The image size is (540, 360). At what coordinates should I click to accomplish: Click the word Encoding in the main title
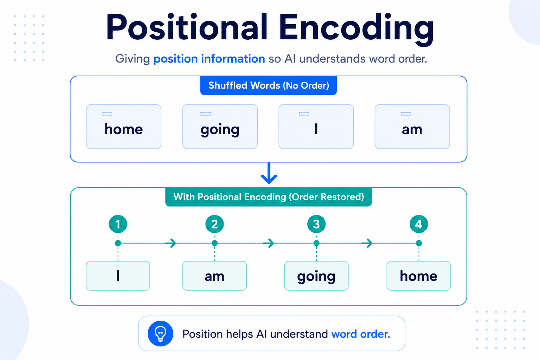(x=356, y=29)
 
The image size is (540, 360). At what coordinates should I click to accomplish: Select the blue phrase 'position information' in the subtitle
(x=209, y=59)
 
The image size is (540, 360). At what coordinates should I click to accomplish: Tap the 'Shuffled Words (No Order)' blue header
(x=269, y=85)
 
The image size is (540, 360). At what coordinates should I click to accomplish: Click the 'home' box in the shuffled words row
(x=124, y=127)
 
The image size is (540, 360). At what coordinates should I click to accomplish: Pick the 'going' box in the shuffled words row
(x=220, y=127)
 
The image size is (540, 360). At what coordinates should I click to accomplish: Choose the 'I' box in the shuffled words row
(x=316, y=127)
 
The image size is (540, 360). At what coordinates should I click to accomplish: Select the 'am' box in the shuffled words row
(x=412, y=127)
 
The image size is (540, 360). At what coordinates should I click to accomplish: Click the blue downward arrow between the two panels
(x=269, y=173)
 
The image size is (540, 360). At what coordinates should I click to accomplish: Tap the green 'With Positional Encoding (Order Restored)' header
(x=269, y=197)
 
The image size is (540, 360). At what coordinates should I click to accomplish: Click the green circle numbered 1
(x=118, y=224)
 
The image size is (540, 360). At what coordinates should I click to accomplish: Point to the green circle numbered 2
(x=214, y=224)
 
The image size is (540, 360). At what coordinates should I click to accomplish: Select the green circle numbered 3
(x=316, y=224)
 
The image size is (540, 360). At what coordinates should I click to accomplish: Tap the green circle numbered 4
(x=419, y=224)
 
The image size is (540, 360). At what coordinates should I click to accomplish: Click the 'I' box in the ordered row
(x=118, y=276)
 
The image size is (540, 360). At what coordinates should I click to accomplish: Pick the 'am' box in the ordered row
(x=214, y=276)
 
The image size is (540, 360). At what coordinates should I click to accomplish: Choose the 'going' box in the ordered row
(x=316, y=276)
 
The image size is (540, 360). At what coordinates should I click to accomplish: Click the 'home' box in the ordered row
(x=419, y=276)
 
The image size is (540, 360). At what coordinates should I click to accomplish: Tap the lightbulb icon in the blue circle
(x=160, y=334)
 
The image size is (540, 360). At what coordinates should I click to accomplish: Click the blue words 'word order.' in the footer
(x=361, y=334)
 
